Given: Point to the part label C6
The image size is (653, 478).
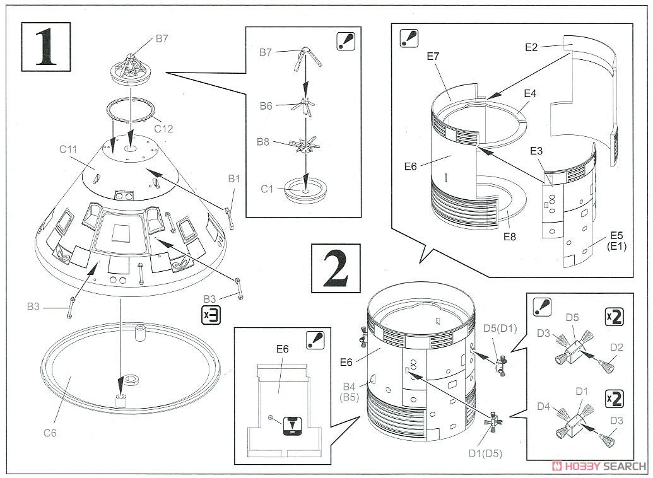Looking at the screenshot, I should pyautogui.click(x=52, y=433).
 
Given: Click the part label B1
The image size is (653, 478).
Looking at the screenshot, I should pyautogui.click(x=234, y=179).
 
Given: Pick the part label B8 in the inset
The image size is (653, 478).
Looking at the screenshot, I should pyautogui.click(x=262, y=143).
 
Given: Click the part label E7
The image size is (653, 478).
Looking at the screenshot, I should pyautogui.click(x=433, y=56).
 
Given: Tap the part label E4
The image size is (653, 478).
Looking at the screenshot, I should pyautogui.click(x=530, y=93).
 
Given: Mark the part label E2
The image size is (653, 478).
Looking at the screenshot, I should pyautogui.click(x=531, y=47).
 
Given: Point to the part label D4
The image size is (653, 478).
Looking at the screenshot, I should pyautogui.click(x=544, y=407).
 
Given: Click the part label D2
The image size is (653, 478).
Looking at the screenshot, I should pyautogui.click(x=616, y=347).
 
